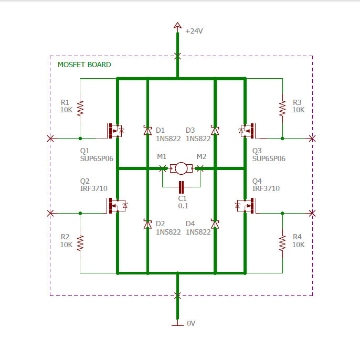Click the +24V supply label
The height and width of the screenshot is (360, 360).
coord(194,31)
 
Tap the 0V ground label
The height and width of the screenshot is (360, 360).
coord(191,323)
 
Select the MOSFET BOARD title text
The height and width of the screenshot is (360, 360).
coord(84,65)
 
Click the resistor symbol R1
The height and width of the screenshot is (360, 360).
coord(80,108)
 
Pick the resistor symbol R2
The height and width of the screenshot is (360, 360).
coord(80,242)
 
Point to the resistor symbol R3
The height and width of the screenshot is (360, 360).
coord(282,108)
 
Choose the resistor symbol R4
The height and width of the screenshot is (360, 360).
coord(282,242)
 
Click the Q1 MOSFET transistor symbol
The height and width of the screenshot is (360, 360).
coord(114,131)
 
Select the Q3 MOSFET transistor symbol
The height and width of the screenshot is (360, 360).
coord(247,131)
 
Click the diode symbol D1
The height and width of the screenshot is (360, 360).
coord(147,130)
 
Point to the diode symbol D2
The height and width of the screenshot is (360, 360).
coord(147,224)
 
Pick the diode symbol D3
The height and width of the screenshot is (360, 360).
coord(215,130)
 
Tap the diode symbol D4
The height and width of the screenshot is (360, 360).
coord(215,224)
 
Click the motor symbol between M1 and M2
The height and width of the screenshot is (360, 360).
coord(181,168)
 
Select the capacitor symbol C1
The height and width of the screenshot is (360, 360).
coord(181,186)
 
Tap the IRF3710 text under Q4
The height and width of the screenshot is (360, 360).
coord(266,188)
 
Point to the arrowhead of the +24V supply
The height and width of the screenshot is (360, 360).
coord(178,26)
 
